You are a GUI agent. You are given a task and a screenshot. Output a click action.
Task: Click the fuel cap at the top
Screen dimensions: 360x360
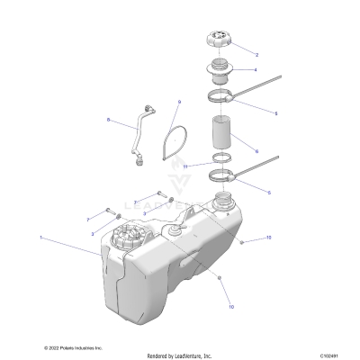(220, 40)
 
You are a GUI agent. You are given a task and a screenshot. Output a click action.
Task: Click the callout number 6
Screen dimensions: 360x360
(256, 151)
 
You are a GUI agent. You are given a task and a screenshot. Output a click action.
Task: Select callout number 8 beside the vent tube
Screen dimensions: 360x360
(109, 121)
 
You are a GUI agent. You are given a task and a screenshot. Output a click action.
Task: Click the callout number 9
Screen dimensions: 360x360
(180, 102)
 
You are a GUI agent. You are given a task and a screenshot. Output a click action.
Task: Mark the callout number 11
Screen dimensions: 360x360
(184, 166)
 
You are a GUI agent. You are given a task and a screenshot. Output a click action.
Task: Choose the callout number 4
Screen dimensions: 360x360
(256, 69)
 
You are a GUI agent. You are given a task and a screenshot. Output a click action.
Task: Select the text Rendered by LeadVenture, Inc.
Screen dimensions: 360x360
(180, 353)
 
